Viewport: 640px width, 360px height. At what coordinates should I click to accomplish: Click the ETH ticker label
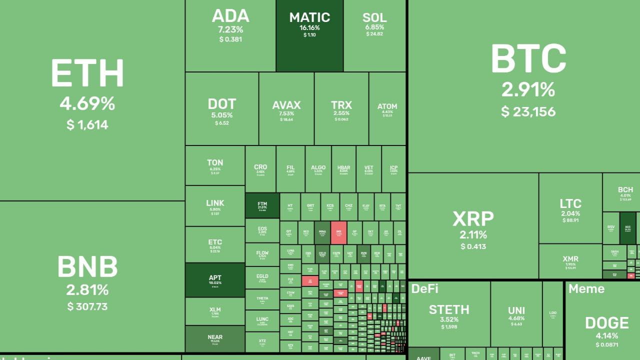87,74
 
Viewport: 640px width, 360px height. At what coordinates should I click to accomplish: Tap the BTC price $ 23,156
528,111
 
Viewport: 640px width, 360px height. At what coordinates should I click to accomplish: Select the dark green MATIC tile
309,35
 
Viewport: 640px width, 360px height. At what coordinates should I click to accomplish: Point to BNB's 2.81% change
87,290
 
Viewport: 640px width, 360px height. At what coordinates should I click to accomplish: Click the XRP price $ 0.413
473,246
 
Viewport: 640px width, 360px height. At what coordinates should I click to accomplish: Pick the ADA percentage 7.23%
230,29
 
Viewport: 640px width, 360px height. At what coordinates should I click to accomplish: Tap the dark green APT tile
215,280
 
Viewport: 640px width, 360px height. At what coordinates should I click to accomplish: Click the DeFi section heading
424,288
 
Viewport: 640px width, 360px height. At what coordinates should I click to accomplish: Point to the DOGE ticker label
606,322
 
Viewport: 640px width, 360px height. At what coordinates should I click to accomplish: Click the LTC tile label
570,204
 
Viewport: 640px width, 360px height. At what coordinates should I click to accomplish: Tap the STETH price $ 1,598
449,327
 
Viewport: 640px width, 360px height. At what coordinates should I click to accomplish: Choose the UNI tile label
516,310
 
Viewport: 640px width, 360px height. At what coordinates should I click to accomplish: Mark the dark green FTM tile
262,205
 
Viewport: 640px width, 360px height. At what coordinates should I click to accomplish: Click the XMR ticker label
570,259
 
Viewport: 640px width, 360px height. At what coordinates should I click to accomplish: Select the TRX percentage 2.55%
341,113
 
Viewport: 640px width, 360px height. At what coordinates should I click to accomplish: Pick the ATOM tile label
387,106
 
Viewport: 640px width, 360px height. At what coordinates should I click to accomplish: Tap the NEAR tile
215,339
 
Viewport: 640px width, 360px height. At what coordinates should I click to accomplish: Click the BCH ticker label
625,190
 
